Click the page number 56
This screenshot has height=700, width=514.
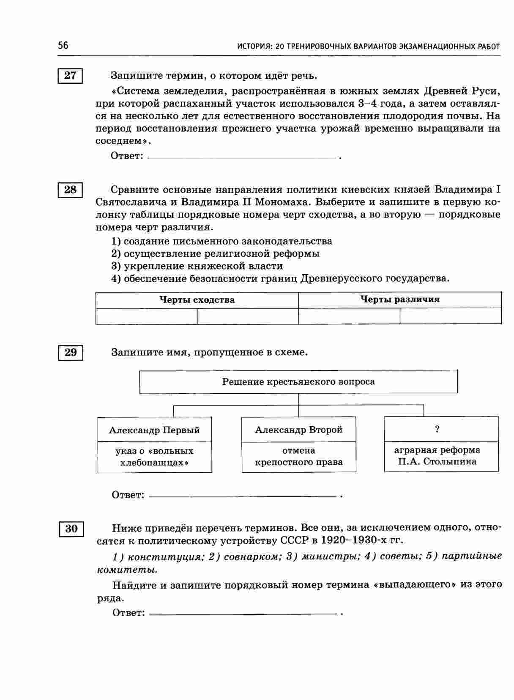pos(63,46)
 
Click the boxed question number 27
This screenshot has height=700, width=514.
pos(70,76)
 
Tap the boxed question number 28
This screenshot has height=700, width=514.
pos(70,190)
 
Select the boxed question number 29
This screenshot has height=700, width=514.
pos(71,352)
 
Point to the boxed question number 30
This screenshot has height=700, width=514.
pos(71,529)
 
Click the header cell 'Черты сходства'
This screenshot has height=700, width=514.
pos(197,300)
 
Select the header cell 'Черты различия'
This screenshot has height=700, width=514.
pos(400,300)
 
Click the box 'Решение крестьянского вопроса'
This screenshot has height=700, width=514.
pos(298,382)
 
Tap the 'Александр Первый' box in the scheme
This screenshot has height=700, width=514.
pos(154,430)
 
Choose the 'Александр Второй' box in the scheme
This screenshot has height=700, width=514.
pos(298,430)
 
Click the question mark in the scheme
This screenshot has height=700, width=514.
pos(437,429)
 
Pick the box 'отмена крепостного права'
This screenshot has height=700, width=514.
pos(298,457)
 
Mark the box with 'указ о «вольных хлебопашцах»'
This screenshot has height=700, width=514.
pos(154,457)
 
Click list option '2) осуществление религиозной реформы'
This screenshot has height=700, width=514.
pos(216,254)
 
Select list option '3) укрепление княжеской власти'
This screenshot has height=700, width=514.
pos(197,266)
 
